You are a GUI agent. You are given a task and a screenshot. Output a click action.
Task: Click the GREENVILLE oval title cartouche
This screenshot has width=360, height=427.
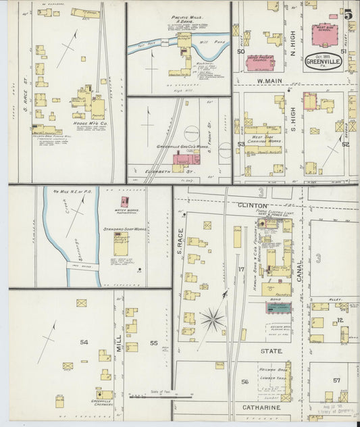[324, 60]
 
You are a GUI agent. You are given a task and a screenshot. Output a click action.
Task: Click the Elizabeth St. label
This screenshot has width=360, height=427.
[160, 172]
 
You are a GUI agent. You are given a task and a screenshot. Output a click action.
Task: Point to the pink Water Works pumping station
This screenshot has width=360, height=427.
[124, 201]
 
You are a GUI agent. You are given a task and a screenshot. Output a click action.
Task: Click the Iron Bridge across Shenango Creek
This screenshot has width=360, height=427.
[83, 267]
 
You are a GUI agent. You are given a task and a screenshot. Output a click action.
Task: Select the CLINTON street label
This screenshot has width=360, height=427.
[253, 204]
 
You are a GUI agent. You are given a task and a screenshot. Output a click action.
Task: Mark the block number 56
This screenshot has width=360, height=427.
[245, 382]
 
